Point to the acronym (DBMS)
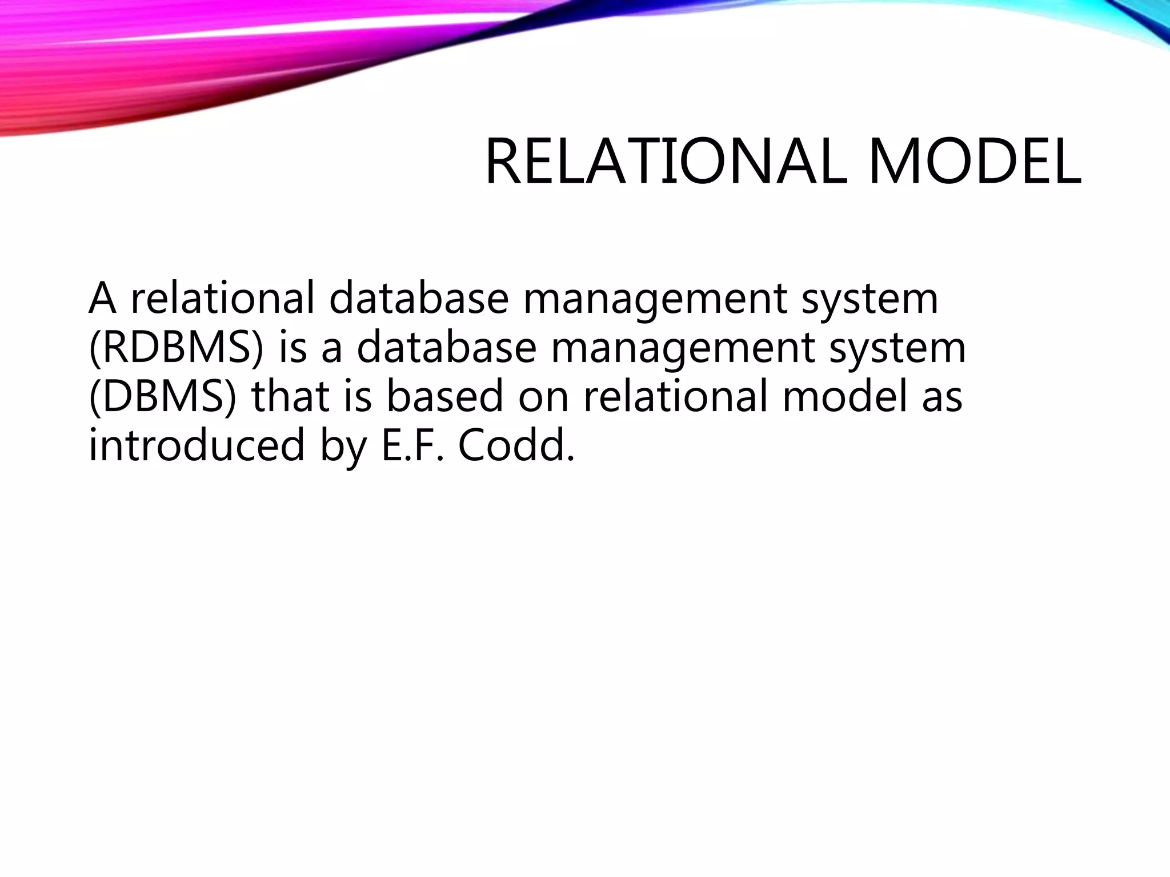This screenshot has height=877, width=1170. click(x=162, y=396)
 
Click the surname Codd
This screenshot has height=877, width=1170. click(x=515, y=445)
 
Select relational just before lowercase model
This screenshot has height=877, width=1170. click(x=675, y=396)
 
